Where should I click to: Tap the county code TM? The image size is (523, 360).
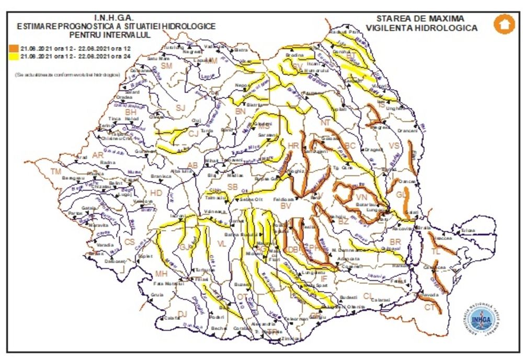[x=55, y=172]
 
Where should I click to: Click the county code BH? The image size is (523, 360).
[x=130, y=112]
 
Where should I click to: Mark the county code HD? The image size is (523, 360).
[x=156, y=193]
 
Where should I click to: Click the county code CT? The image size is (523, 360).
[x=429, y=307]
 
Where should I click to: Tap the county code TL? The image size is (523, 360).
[x=436, y=252]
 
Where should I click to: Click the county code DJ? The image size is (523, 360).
[x=183, y=313]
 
